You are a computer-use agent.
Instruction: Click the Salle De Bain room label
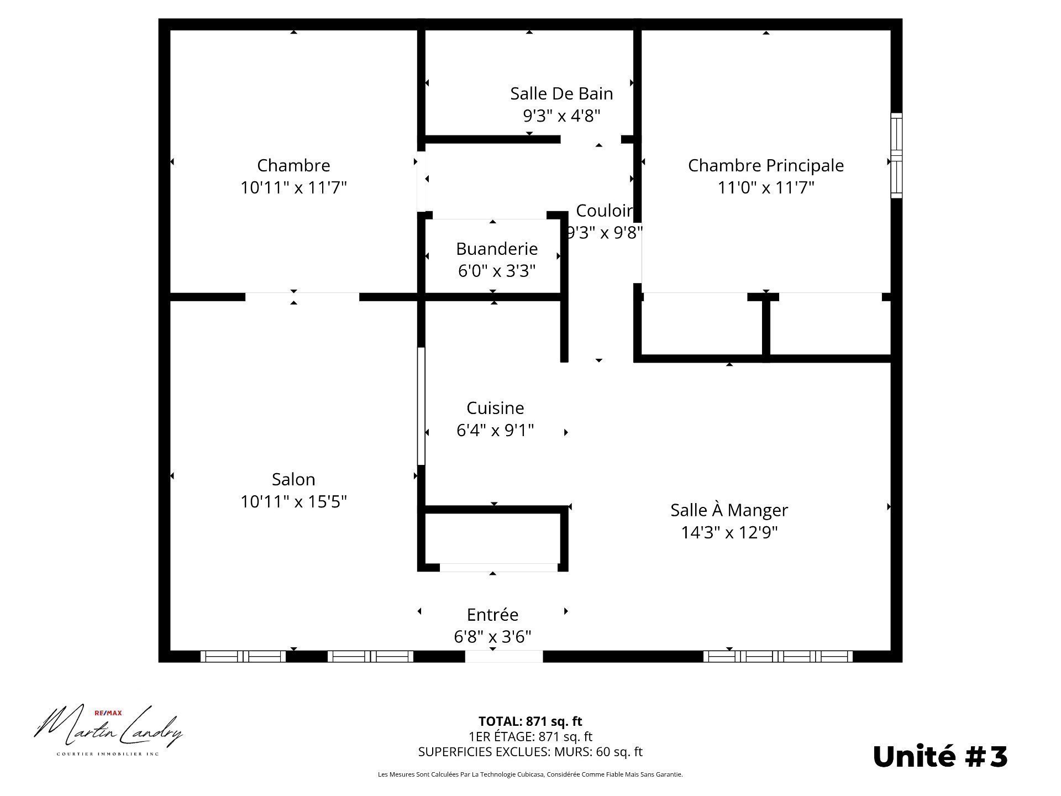click(561, 93)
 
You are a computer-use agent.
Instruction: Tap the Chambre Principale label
click(766, 165)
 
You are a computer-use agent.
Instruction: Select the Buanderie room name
click(497, 249)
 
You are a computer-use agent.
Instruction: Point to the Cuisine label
click(495, 408)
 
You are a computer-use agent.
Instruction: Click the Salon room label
click(293, 479)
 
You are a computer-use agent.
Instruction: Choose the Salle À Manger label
click(729, 510)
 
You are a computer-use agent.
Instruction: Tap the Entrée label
click(492, 615)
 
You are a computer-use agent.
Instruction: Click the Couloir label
click(605, 211)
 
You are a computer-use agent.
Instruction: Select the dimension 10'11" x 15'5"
click(293, 501)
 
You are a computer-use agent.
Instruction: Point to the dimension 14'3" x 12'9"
click(729, 532)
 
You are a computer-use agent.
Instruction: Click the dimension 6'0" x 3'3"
click(497, 271)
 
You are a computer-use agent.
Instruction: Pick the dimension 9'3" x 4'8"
click(561, 116)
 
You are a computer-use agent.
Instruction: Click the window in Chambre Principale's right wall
click(896, 155)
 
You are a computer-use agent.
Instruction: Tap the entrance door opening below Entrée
click(504, 656)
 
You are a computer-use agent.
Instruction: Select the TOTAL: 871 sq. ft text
click(530, 721)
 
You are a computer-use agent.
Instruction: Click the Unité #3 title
click(940, 756)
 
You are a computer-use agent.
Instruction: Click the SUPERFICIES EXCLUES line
click(530, 752)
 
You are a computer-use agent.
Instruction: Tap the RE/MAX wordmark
click(108, 714)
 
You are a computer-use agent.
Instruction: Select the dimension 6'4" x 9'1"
click(495, 430)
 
